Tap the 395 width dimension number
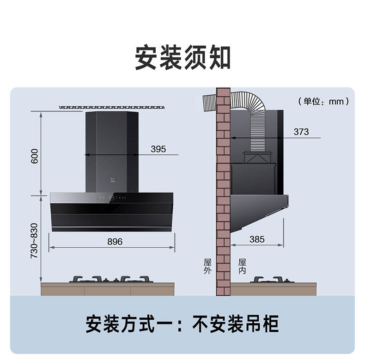pyautogui.click(x=158, y=149)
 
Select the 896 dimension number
pyautogui.click(x=115, y=241)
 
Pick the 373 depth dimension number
pyautogui.click(x=301, y=132)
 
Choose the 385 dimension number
pyautogui.click(x=257, y=239)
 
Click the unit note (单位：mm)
pyautogui.click(x=323, y=101)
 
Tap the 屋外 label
pyautogui.click(x=207, y=266)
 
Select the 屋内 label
pyautogui.click(x=242, y=266)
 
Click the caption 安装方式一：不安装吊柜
pyautogui.click(x=182, y=324)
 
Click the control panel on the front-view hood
pyautogui.click(x=111, y=198)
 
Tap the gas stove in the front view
pyautogui.click(x=111, y=279)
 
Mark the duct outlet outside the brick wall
pyautogui.click(x=209, y=102)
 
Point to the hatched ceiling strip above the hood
pyautogui.click(x=112, y=107)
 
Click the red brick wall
pyautogui.click(x=223, y=194)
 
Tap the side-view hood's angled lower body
pyautogui.click(x=256, y=210)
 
